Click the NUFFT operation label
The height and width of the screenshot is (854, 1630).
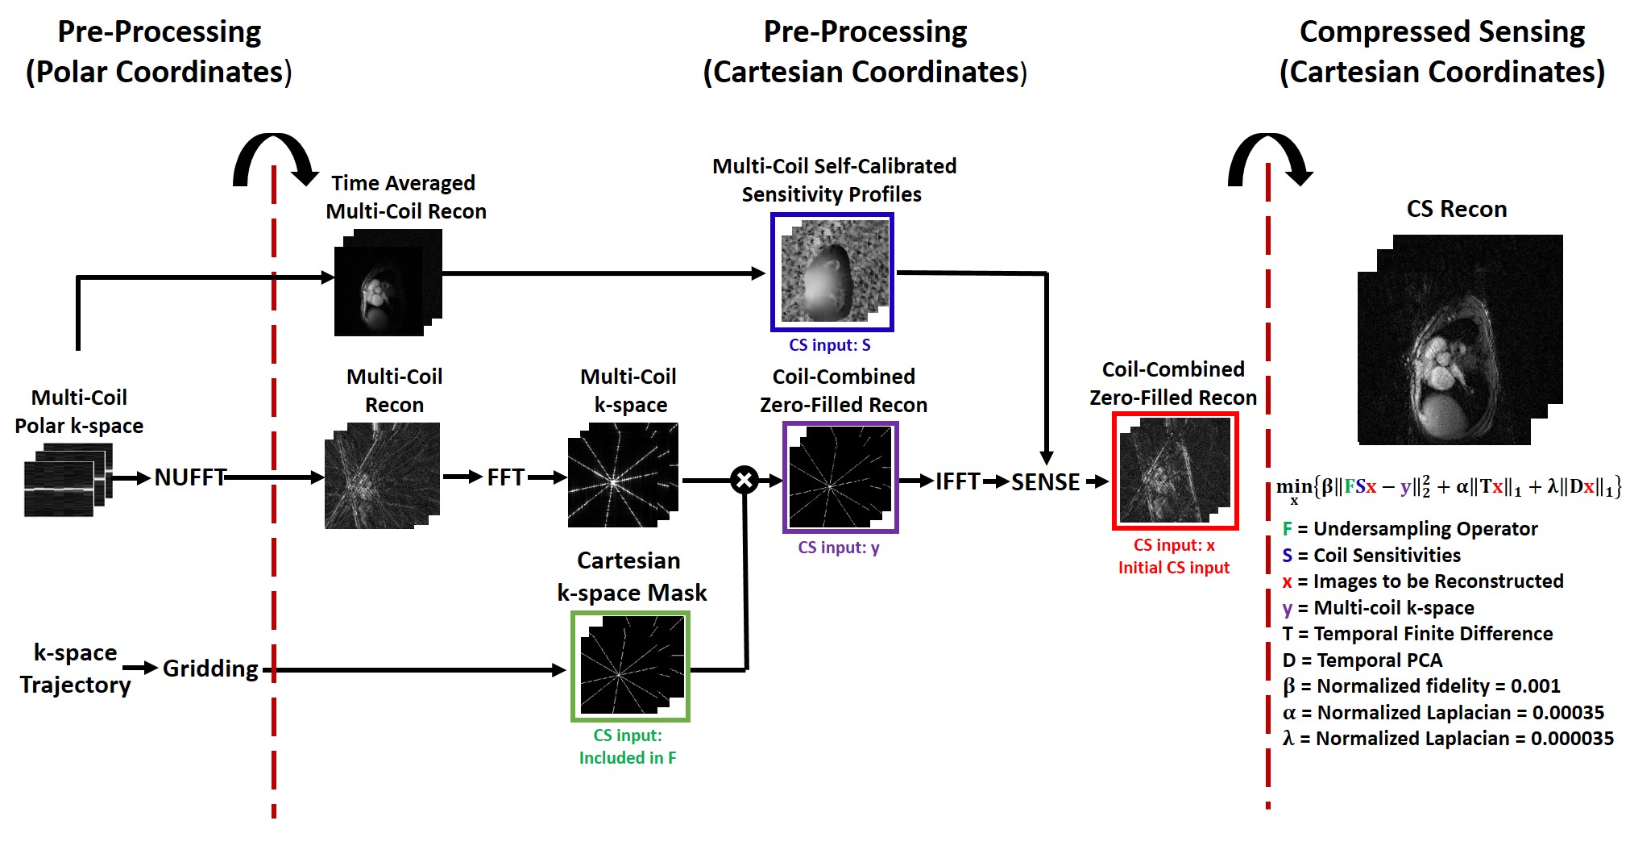tap(189, 477)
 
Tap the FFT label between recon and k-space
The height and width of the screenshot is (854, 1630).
tap(505, 477)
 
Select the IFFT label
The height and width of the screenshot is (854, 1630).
tap(957, 481)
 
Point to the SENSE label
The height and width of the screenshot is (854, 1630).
tap(1045, 481)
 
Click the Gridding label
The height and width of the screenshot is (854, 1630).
tap(210, 669)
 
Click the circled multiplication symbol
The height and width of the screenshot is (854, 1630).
tap(744, 481)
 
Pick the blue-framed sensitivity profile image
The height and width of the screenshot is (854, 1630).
tap(832, 273)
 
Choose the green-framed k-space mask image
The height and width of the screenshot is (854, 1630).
tap(630, 666)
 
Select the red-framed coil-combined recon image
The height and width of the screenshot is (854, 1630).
tap(1175, 471)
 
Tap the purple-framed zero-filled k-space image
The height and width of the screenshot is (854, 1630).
tap(840, 477)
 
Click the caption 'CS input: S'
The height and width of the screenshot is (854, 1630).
tap(829, 345)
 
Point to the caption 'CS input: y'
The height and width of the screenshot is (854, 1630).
tap(838, 548)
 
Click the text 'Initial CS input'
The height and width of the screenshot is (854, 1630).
tap(1173, 568)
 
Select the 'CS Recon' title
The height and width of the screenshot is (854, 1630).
tap(1456, 210)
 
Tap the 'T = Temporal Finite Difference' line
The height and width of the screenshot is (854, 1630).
tap(1417, 634)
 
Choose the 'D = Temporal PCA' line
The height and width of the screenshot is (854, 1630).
tap(1362, 660)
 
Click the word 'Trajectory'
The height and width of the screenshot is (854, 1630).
tap(75, 685)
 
